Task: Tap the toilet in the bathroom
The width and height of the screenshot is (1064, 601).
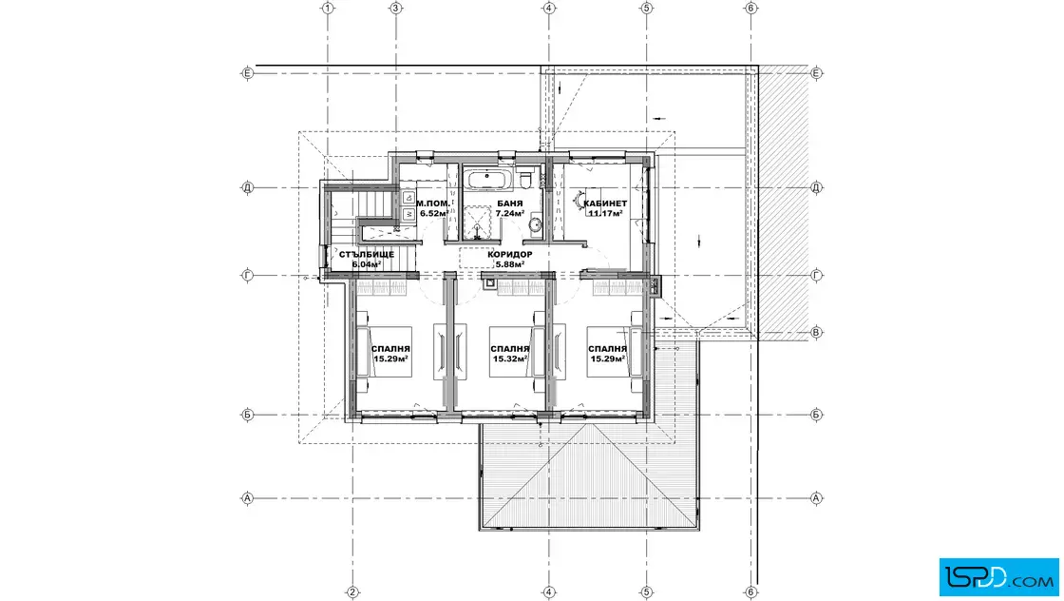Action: coord(525,180)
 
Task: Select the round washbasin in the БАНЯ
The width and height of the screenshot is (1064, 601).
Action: coord(535,223)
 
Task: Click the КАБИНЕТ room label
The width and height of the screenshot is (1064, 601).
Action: coord(605,204)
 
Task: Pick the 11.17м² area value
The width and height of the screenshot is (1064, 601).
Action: coord(605,213)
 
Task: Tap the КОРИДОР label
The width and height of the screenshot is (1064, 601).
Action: coord(509,255)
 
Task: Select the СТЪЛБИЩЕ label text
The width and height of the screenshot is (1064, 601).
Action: coord(367,255)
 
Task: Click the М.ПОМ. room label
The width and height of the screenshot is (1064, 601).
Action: coord(433,204)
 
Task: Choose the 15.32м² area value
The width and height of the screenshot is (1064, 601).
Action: coord(510,359)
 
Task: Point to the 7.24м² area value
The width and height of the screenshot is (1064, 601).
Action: coord(509,213)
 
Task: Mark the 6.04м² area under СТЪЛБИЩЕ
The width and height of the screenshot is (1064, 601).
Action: coord(367,265)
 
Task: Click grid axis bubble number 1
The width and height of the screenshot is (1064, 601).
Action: coord(328,9)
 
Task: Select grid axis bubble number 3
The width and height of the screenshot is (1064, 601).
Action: coord(396,9)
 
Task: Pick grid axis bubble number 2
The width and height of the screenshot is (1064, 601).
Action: coord(352,592)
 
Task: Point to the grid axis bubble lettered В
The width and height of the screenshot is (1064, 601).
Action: coord(816,332)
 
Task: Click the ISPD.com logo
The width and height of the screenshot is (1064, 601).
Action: coord(998,577)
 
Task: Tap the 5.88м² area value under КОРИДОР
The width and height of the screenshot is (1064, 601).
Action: coord(509,265)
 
